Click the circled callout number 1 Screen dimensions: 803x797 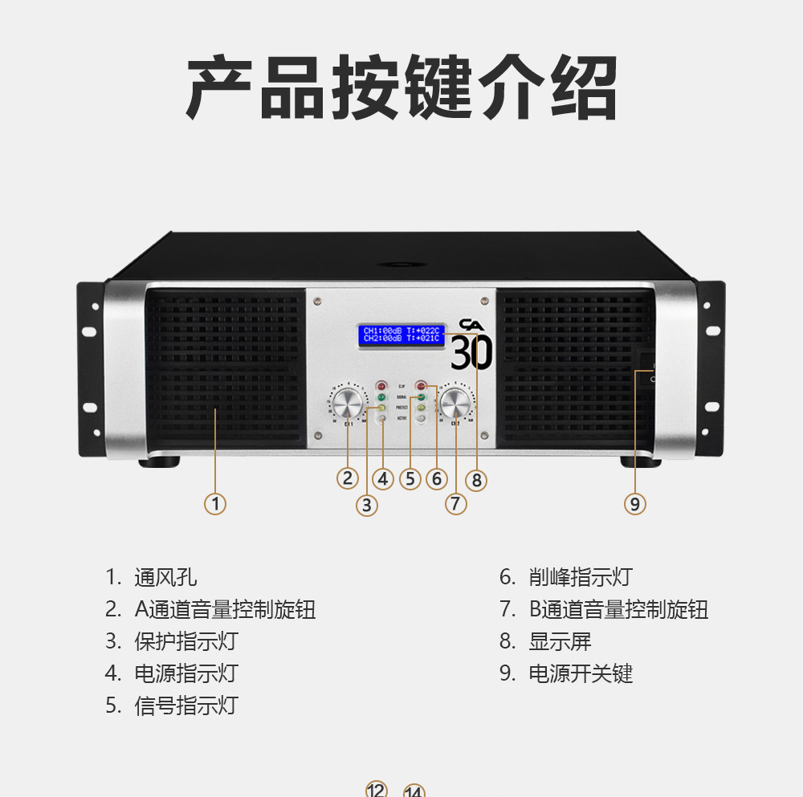click(215, 504)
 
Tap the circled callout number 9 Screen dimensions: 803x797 click(634, 504)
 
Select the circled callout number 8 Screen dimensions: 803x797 click(477, 480)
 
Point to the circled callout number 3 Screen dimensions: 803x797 click(367, 504)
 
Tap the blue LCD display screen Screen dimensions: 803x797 click(401, 334)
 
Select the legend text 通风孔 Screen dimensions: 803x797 click(165, 577)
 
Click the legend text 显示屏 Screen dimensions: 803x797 click(560, 641)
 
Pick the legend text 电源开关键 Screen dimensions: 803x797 click(581, 673)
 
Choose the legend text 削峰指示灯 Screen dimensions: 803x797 click(581, 577)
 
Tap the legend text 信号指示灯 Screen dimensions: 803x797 click(186, 706)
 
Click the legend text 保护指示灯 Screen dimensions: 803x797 click(186, 641)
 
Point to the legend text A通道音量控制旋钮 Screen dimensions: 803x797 click(225, 609)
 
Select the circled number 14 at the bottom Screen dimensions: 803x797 click(414, 791)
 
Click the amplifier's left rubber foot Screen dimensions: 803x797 click(160, 462)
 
